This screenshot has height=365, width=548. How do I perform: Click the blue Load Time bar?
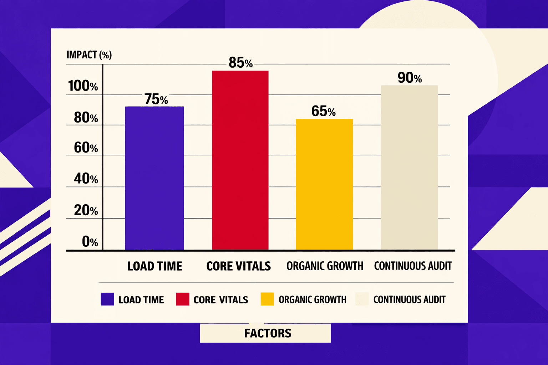[x=154, y=178]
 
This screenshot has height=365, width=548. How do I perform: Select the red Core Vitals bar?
[x=240, y=160]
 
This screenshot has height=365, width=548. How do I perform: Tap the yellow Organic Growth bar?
[x=324, y=184]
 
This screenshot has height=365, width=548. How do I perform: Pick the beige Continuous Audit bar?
[x=409, y=168]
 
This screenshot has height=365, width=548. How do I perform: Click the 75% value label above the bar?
[x=156, y=99]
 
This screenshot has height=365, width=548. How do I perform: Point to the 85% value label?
[x=240, y=63]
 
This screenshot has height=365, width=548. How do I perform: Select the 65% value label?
[x=323, y=111]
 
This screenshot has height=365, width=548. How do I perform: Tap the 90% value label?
[x=410, y=78]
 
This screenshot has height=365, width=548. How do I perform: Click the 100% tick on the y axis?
[x=83, y=86]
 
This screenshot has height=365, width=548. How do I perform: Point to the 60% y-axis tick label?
[x=86, y=148]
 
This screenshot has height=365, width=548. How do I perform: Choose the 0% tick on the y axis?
[x=90, y=242]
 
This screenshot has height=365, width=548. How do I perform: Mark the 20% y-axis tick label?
[x=86, y=210]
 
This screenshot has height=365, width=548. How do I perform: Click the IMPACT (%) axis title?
[x=89, y=55]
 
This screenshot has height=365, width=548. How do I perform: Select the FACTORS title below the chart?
[x=268, y=333]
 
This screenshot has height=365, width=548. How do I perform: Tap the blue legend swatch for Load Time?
[x=107, y=299]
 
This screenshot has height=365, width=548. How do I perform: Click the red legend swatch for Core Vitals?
[x=182, y=299]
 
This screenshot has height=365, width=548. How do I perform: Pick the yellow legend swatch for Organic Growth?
[x=267, y=299]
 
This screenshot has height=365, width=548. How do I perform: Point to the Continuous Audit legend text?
[x=409, y=299]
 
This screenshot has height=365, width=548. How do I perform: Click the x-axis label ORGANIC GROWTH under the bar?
[x=325, y=266]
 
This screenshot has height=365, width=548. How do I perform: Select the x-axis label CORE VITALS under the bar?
[x=238, y=266]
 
